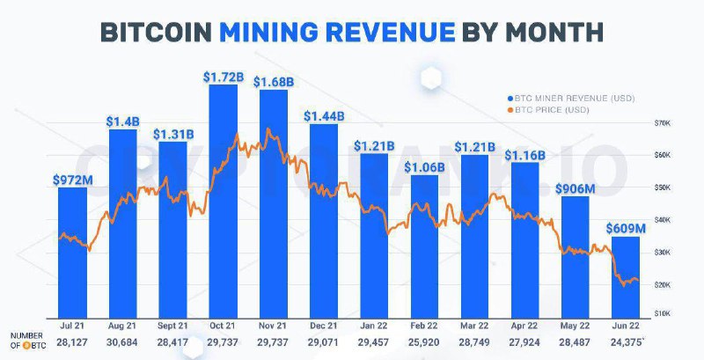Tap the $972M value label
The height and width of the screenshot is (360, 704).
(x=72, y=180)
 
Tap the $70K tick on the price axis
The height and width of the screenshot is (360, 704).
(x=663, y=122)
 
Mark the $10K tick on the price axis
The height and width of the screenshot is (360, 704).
(x=663, y=314)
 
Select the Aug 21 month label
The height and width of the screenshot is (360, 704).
(x=123, y=326)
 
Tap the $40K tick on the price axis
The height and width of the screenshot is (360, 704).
(x=663, y=219)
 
